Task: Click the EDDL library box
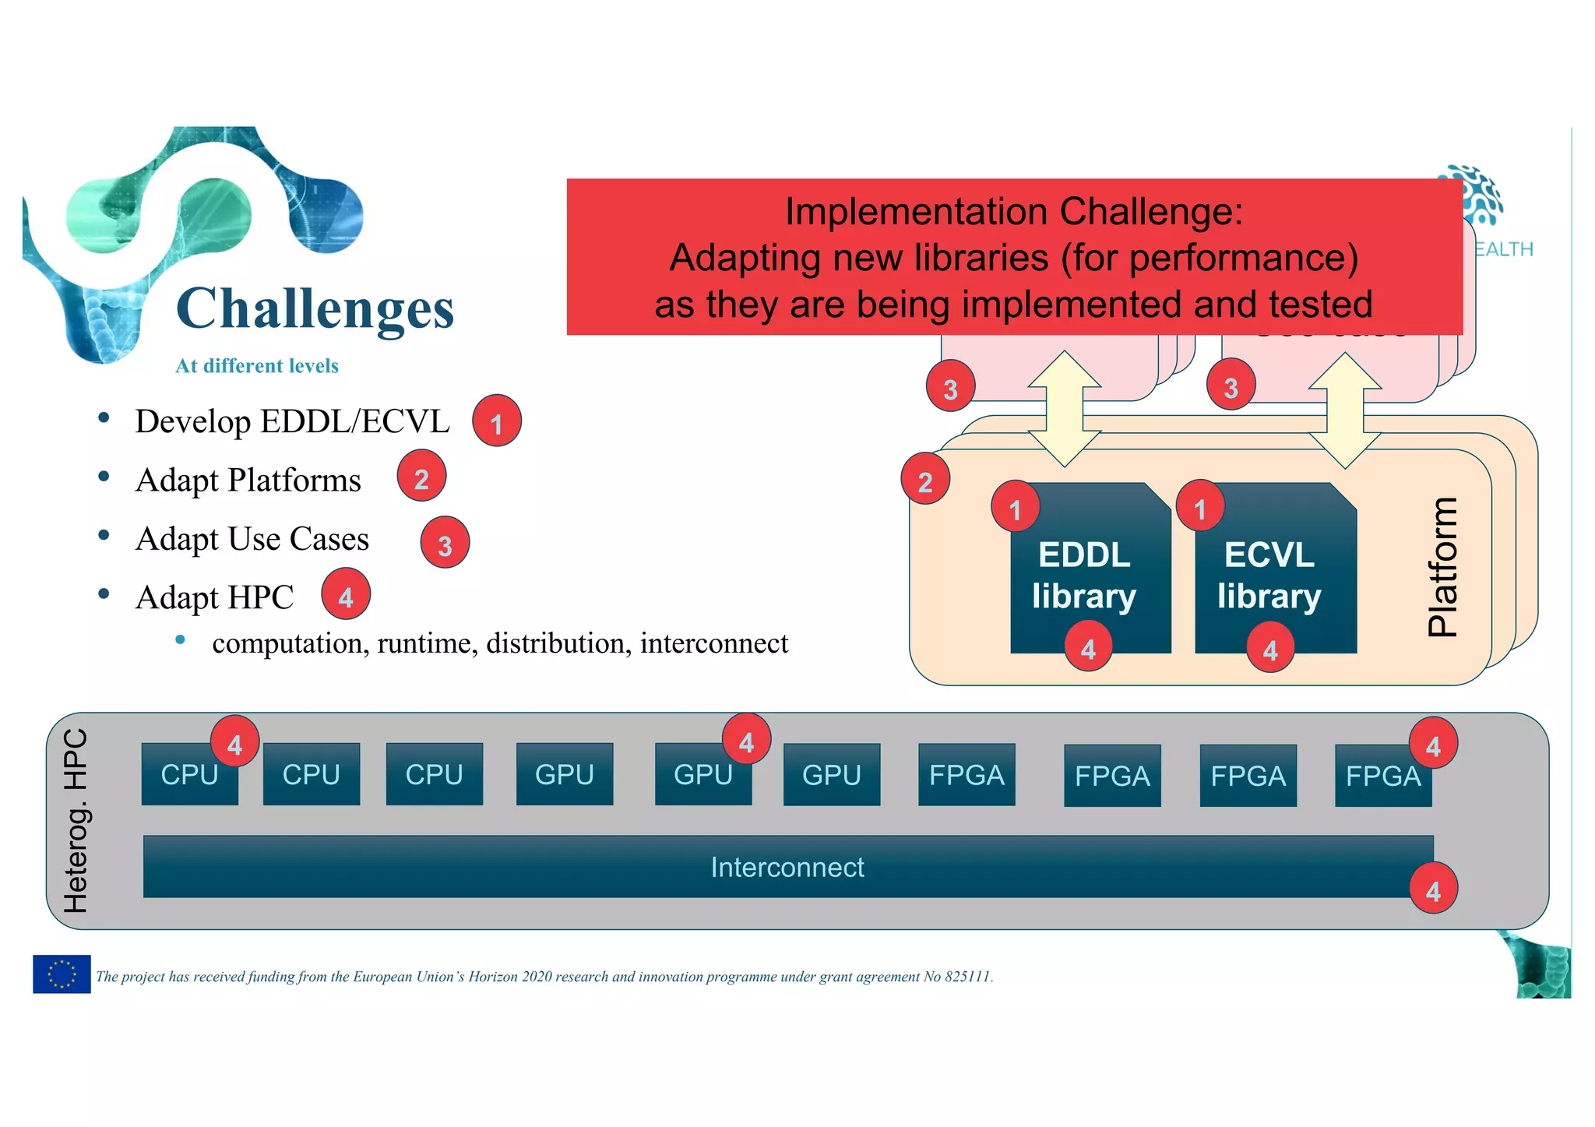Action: tap(1090, 576)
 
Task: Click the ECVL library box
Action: tap(1276, 576)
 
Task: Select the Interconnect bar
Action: tap(787, 867)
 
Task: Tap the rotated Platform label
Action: tap(1443, 567)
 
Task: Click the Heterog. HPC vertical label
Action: tap(76, 821)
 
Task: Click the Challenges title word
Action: tap(315, 309)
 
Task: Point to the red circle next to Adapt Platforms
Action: tap(421, 476)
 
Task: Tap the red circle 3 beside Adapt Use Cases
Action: tap(445, 543)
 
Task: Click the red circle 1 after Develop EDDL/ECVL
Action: tap(496, 421)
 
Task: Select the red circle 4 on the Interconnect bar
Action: tap(1433, 889)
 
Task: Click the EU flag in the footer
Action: tap(62, 974)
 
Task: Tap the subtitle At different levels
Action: tap(257, 366)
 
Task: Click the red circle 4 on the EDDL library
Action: tap(1089, 646)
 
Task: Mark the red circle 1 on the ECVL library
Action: tap(1200, 506)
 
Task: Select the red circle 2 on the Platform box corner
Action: tap(925, 480)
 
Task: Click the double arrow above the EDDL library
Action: tap(1064, 409)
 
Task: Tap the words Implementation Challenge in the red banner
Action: tap(1014, 212)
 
